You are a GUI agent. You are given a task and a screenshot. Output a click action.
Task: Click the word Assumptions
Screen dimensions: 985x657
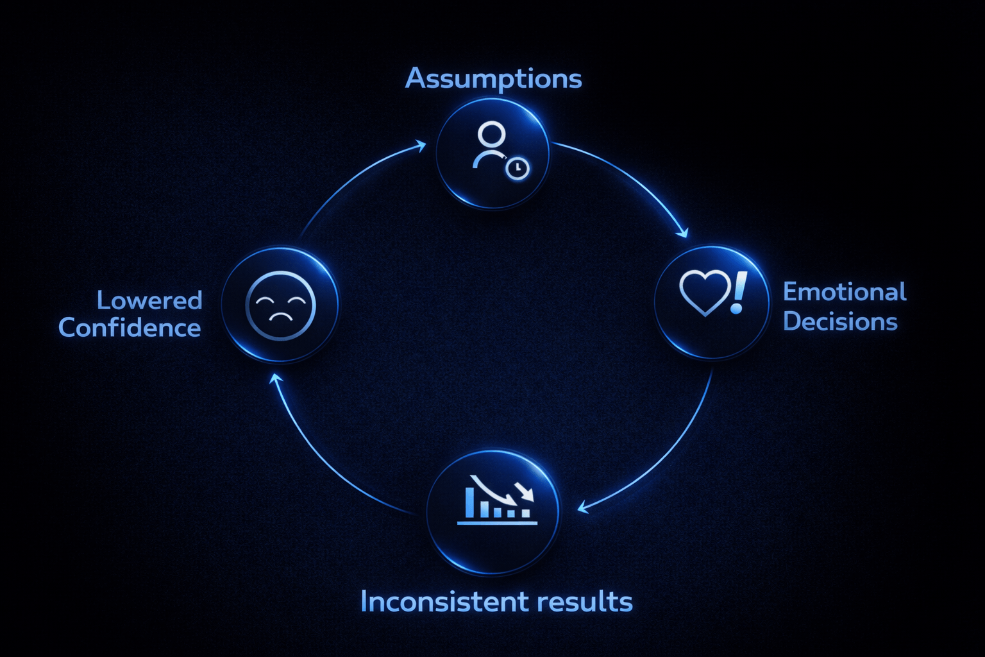(x=493, y=80)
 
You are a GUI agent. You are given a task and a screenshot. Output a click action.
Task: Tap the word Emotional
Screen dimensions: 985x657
(x=844, y=292)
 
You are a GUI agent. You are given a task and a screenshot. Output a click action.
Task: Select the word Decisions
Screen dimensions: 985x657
(x=839, y=321)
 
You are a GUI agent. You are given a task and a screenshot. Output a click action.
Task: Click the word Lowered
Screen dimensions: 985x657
(x=149, y=300)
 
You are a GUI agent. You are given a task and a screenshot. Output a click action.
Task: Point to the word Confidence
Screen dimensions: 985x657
(x=130, y=328)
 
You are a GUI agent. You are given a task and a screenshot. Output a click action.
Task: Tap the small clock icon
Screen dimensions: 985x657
(x=518, y=169)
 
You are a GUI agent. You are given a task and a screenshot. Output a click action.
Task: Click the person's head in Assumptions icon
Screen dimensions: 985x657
(x=491, y=135)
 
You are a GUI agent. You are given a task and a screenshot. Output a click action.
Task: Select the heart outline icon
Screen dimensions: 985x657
(x=704, y=291)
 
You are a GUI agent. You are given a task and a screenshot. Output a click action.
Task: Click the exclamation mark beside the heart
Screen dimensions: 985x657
(x=739, y=292)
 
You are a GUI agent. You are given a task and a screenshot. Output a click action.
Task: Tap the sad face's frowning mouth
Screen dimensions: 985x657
(x=280, y=316)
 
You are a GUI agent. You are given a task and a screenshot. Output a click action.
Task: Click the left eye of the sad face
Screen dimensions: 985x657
(x=264, y=300)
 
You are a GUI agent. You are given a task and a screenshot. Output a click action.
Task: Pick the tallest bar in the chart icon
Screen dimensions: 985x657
(x=470, y=502)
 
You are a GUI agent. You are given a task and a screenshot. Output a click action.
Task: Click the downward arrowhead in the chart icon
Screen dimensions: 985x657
(x=528, y=495)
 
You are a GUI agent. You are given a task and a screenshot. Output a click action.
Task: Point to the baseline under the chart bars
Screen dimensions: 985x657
(x=497, y=523)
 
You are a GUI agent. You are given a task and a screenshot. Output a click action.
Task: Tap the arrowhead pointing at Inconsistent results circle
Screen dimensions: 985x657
(x=582, y=508)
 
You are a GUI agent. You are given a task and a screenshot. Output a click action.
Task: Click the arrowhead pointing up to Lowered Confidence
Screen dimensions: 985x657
(x=275, y=379)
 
